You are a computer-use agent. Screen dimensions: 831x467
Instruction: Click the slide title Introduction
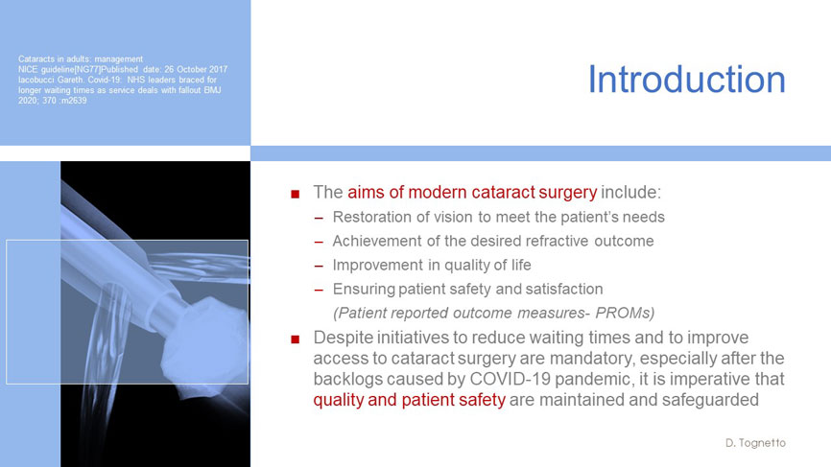(x=687, y=80)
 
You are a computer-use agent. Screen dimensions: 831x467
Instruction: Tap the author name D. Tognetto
(x=756, y=443)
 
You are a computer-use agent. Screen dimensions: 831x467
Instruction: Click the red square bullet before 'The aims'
(x=296, y=195)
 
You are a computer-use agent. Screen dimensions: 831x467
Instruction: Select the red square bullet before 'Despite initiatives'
(x=296, y=339)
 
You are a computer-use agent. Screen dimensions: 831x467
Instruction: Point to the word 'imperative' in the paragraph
(x=697, y=379)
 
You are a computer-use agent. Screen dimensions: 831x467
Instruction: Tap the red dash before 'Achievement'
(x=319, y=242)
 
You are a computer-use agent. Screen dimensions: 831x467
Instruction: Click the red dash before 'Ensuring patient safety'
(x=319, y=291)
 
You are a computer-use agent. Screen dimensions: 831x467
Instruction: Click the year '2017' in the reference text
(x=219, y=69)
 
